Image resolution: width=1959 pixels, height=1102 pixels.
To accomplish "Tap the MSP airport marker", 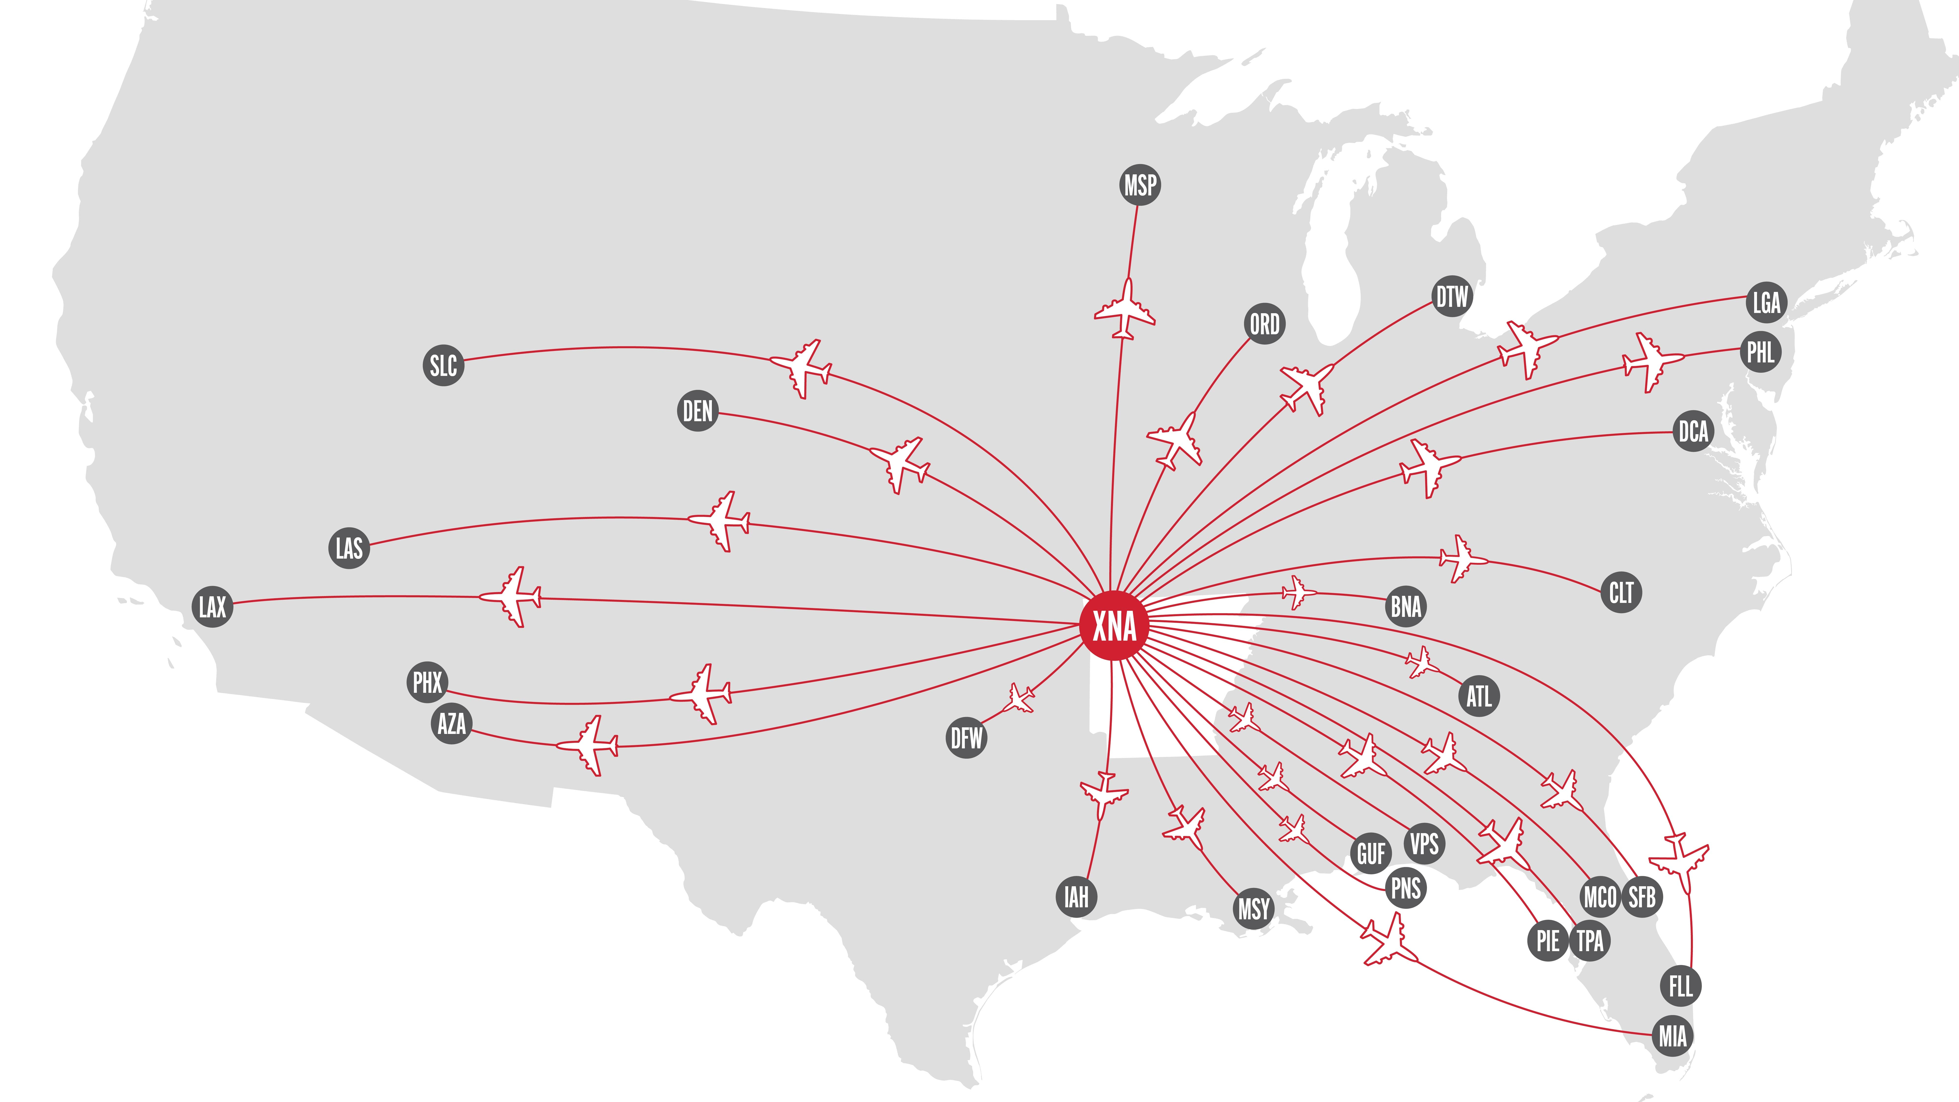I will click(x=1140, y=185).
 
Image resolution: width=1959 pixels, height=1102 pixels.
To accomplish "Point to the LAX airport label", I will click(x=212, y=606).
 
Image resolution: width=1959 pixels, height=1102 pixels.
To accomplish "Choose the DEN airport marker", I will click(x=697, y=411).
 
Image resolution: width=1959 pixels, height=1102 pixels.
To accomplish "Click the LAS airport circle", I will click(x=349, y=548).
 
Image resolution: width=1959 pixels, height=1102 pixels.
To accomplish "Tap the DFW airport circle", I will click(x=967, y=738).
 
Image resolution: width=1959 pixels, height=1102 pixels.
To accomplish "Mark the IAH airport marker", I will click(x=1076, y=897).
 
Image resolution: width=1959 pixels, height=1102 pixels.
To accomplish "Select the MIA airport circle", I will click(x=1672, y=1036).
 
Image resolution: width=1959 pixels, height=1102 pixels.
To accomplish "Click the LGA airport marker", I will click(x=1766, y=302).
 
